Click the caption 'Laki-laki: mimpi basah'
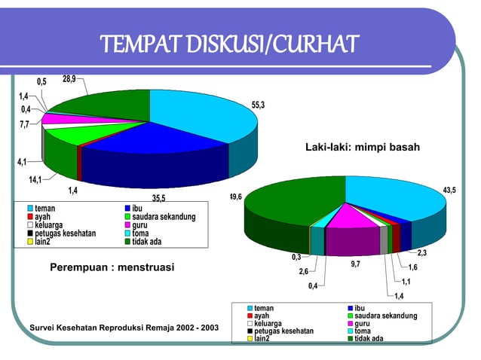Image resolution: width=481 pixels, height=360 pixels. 361,147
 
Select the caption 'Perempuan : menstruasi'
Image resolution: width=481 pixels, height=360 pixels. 112,267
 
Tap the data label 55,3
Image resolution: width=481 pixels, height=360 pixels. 258,105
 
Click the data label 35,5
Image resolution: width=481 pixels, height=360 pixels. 159,199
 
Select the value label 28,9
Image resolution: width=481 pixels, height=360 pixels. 69,79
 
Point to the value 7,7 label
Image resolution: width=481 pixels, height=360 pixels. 25,124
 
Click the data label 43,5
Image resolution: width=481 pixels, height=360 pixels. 449,191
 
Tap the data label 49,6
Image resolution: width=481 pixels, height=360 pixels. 236,197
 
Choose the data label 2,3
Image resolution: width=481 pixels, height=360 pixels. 421,252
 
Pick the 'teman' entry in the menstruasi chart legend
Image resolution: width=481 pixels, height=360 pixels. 44,208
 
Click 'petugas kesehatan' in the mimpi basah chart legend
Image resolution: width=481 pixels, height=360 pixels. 283,331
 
